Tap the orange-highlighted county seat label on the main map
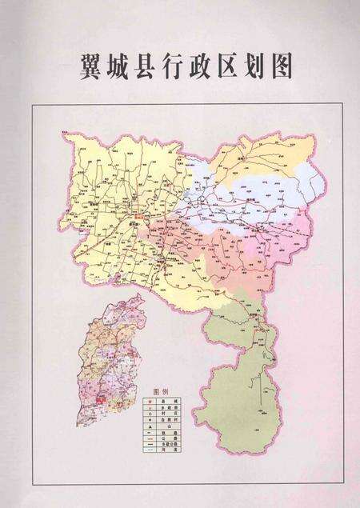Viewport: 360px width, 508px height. pos(142,215)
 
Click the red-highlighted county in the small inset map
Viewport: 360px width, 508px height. pos(102,396)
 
